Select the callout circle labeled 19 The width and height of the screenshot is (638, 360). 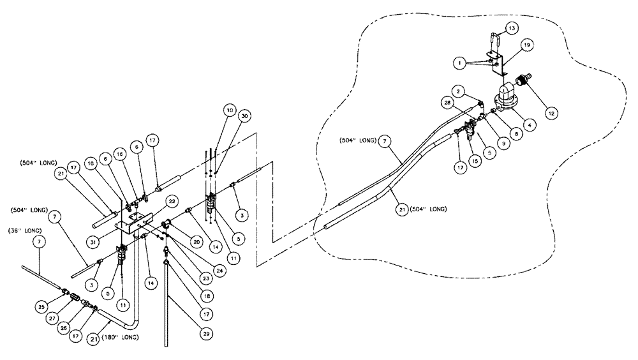click(x=526, y=45)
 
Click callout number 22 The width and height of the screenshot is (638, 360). click(x=172, y=200)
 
